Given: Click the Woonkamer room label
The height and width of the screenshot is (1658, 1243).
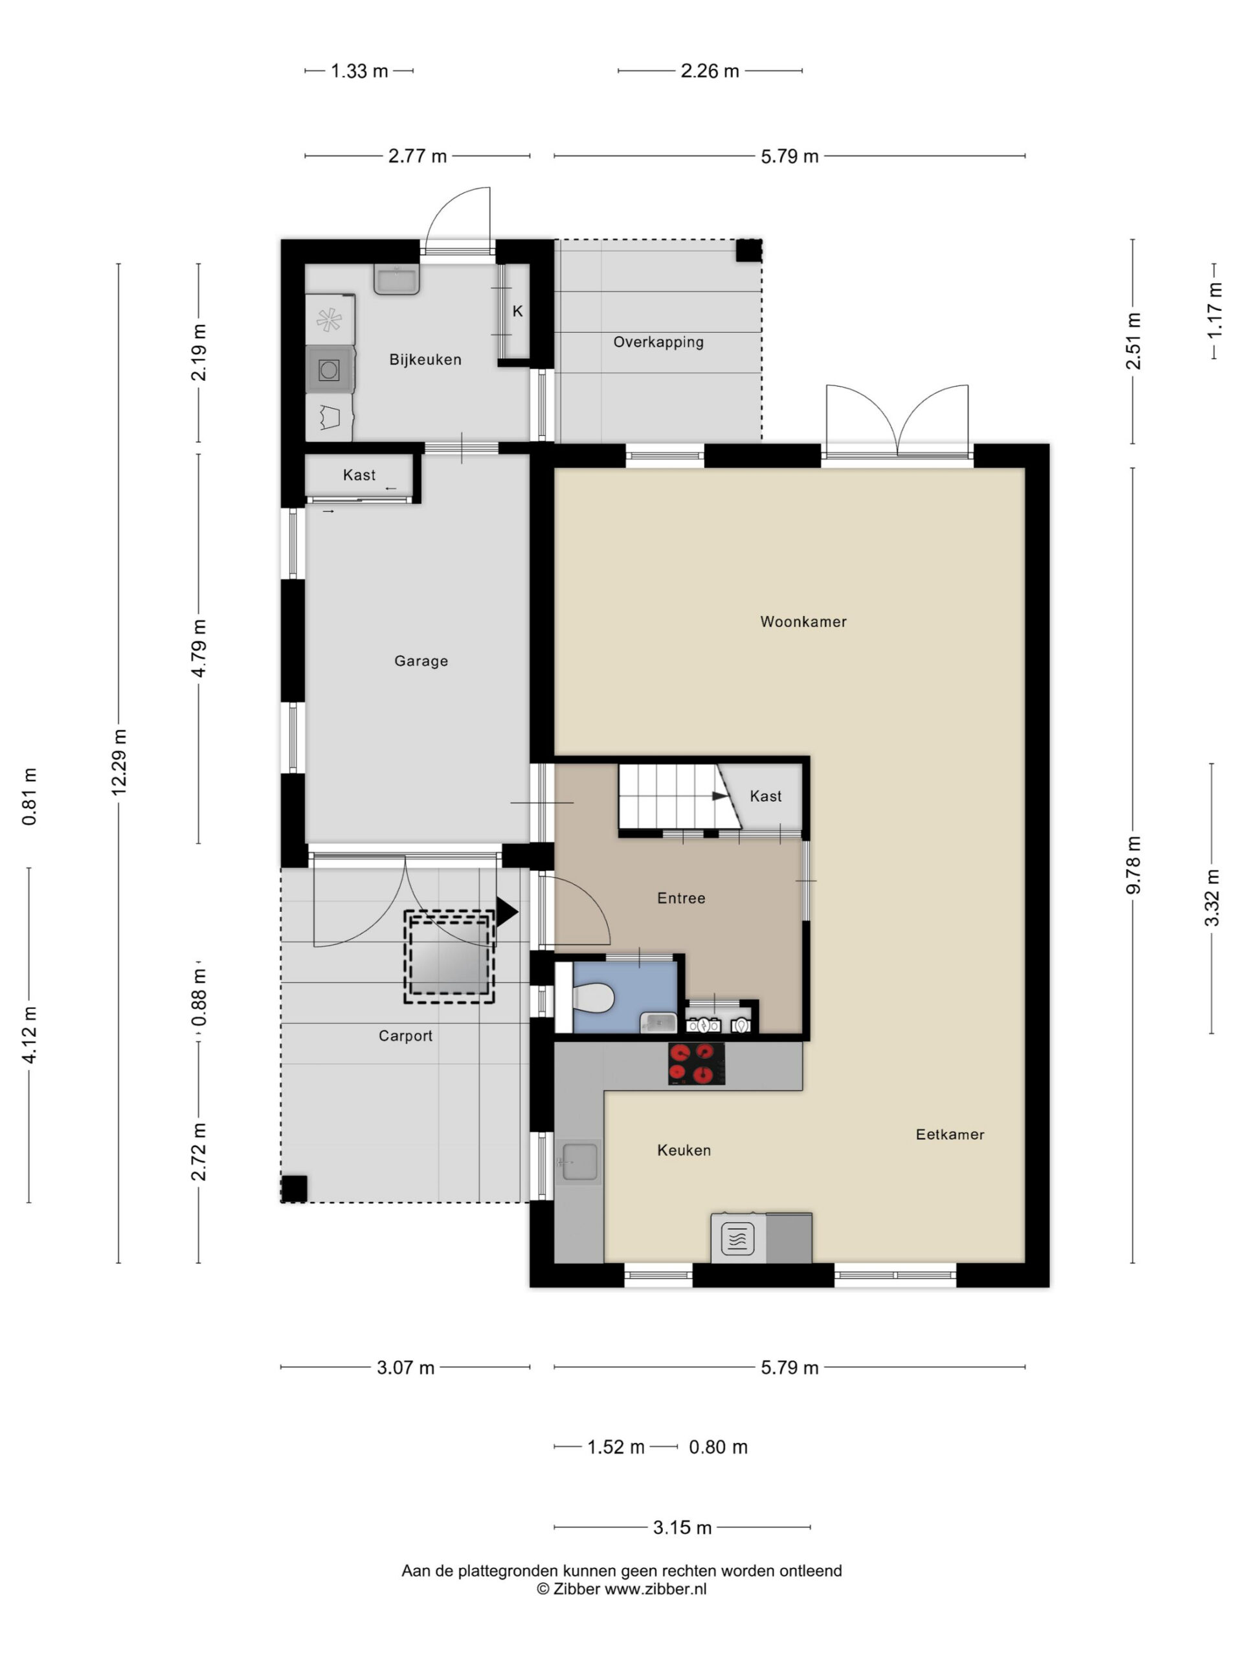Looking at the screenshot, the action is (x=803, y=621).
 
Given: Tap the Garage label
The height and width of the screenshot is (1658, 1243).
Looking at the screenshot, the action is (x=421, y=661).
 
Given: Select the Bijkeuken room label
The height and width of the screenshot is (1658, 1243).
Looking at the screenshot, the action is (x=425, y=360).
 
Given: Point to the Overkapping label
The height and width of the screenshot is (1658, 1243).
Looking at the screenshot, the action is (x=658, y=343).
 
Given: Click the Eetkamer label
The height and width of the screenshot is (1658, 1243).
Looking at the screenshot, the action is (x=950, y=1134).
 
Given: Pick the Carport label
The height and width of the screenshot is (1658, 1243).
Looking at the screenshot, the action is (x=405, y=1036).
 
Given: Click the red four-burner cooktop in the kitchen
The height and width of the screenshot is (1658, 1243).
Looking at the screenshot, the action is (x=697, y=1063).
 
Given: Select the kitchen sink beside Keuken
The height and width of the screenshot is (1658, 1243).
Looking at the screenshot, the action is (x=579, y=1163).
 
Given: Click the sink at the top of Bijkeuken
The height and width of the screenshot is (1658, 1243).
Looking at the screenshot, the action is (x=396, y=280).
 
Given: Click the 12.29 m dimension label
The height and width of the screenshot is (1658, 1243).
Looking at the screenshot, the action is (x=118, y=762).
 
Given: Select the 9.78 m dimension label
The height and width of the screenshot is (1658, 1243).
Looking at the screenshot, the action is (x=1133, y=865).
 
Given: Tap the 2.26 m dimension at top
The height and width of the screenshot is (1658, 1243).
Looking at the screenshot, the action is (x=710, y=71).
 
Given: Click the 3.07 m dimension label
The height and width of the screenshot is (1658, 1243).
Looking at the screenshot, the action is (x=405, y=1367).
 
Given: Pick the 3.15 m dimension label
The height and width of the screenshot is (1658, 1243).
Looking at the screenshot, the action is (x=682, y=1528).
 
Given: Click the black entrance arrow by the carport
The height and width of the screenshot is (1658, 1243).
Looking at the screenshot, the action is (x=506, y=911).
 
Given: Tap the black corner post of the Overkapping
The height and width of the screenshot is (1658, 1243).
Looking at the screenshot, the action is (x=748, y=251).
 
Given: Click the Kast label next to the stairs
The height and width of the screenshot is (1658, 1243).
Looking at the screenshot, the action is (x=766, y=796).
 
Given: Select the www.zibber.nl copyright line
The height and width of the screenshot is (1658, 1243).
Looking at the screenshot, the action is (x=621, y=1589).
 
